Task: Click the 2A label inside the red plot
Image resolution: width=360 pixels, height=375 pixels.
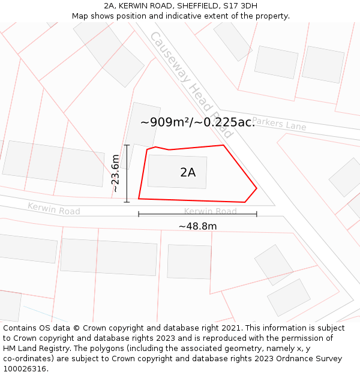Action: pos(188,173)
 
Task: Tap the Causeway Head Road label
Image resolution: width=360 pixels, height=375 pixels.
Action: pos(190,85)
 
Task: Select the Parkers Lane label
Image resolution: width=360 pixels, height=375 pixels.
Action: pos(279,124)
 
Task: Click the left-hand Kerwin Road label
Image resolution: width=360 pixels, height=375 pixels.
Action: pos(54,209)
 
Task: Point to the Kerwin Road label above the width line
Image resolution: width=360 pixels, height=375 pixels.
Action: pos(210,211)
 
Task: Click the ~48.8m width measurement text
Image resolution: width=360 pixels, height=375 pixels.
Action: pos(197,226)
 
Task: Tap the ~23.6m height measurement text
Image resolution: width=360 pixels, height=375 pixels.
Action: pos(116,173)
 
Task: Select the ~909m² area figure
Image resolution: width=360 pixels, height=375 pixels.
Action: pos(164,122)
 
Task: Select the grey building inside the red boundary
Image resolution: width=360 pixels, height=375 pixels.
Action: pos(178,172)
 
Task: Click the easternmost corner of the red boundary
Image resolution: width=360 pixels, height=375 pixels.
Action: pos(257,188)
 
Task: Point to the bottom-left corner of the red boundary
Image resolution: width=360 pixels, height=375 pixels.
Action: pos(139,199)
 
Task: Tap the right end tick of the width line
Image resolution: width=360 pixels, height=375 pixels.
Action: pos(257,214)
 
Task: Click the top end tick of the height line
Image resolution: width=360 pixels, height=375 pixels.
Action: pos(127,145)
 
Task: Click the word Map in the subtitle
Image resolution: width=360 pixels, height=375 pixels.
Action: pos(80,16)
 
